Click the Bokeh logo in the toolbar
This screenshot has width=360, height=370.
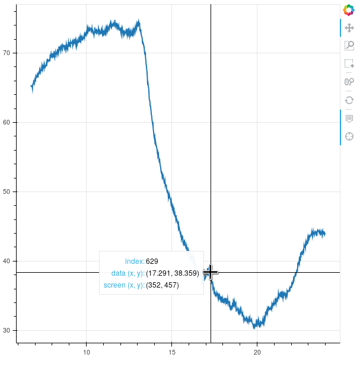[x=349, y=10]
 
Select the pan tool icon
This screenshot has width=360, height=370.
[x=349, y=28]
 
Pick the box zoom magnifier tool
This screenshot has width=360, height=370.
[x=349, y=46]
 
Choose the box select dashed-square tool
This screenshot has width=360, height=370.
[x=349, y=63]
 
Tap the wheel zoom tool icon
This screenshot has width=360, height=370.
[x=349, y=82]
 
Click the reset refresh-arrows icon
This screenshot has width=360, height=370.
[x=349, y=100]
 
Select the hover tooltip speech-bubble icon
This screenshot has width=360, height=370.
[x=349, y=119]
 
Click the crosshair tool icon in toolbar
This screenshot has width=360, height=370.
[x=349, y=136]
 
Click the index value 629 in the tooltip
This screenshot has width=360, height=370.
[x=152, y=261]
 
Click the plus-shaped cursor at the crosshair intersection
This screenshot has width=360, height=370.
[x=210, y=272]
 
